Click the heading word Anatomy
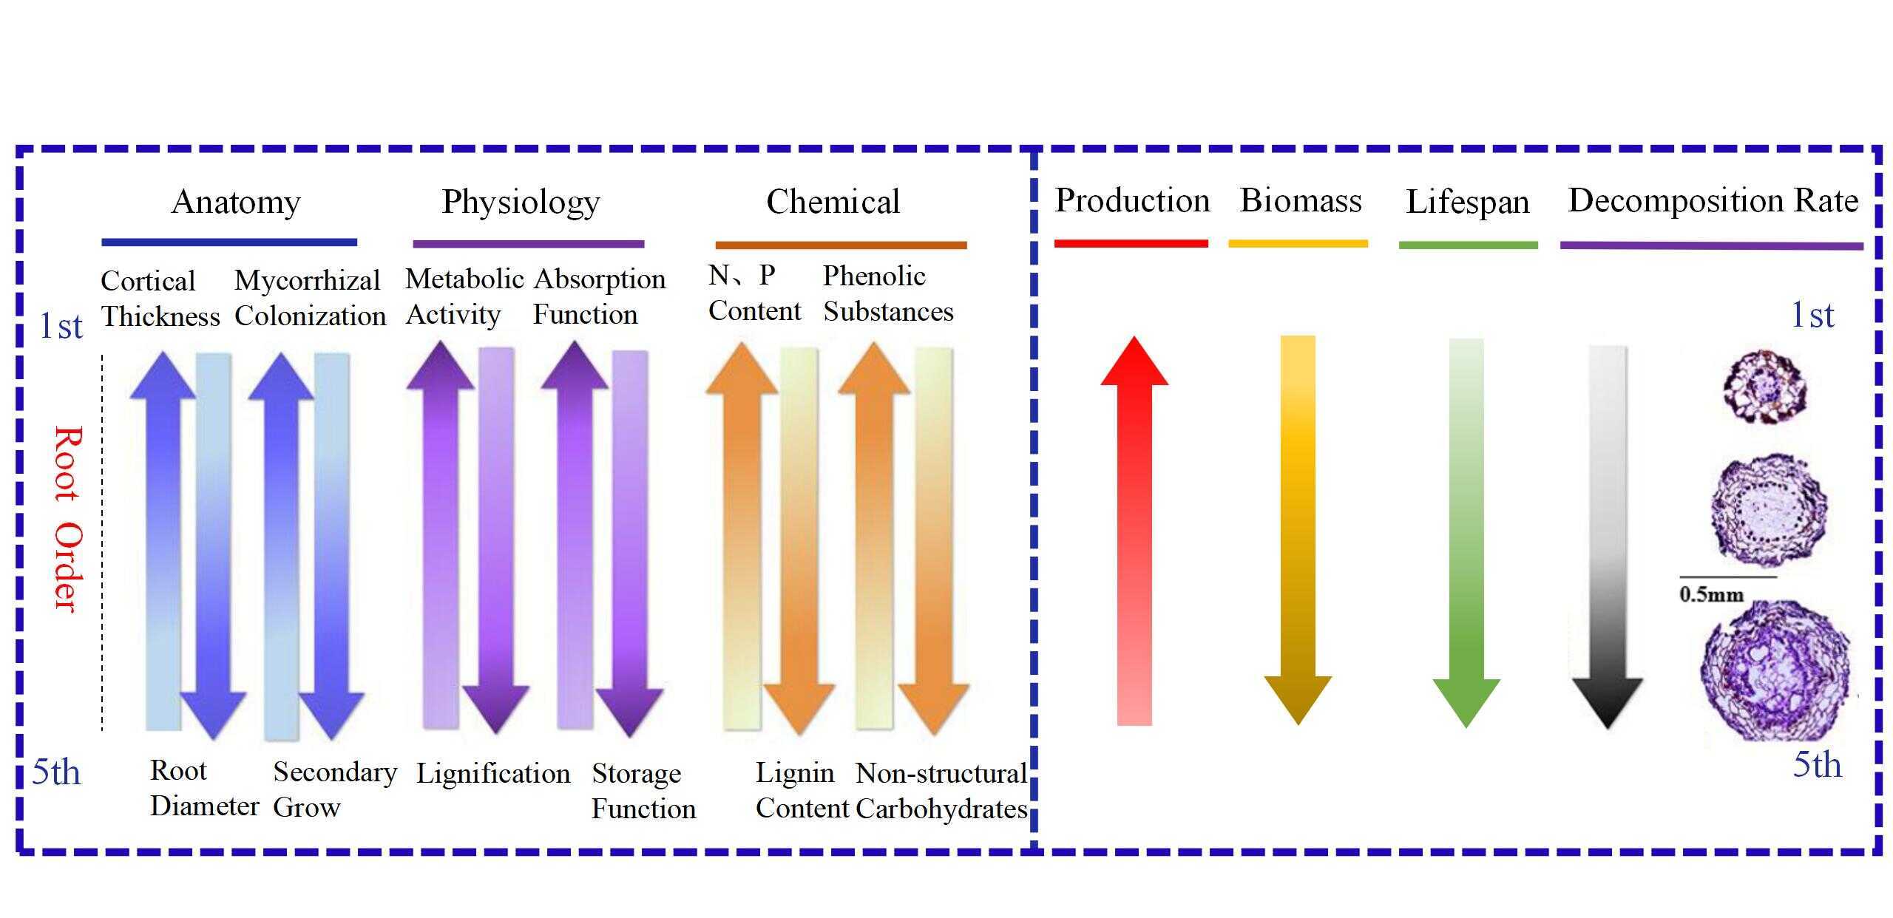pyautogui.click(x=236, y=202)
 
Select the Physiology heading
pyautogui.click(x=521, y=202)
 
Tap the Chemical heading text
pyautogui.click(x=833, y=202)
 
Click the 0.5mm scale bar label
pyautogui.click(x=1711, y=594)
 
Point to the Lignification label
pyautogui.click(x=493, y=774)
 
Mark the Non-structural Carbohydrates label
pyautogui.click(x=941, y=791)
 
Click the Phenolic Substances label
pyautogui.click(x=888, y=293)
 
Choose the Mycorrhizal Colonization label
pyautogui.click(x=310, y=298)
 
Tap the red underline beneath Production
pyautogui.click(x=1131, y=243)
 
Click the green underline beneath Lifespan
pyautogui.click(x=1468, y=245)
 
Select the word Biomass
pyautogui.click(x=1301, y=200)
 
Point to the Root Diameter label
pyautogui.click(x=204, y=788)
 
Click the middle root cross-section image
pyautogui.click(x=1768, y=511)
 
